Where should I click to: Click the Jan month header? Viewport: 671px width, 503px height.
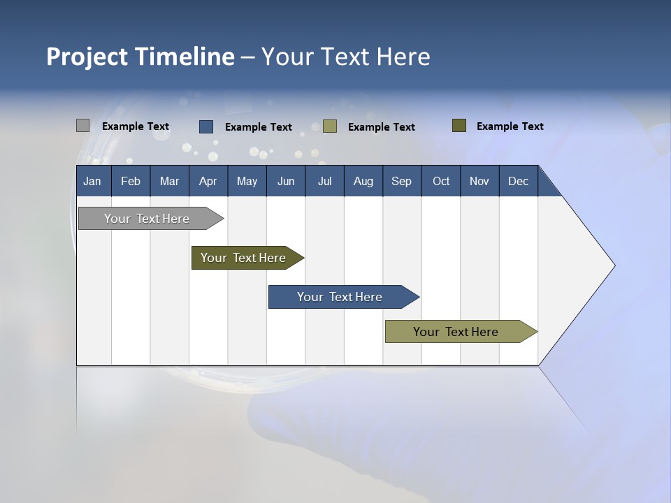93,181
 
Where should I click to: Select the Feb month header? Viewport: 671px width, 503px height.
131,181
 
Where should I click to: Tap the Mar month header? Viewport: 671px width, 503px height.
169,181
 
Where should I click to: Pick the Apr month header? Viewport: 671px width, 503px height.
208,181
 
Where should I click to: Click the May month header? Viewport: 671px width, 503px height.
247,181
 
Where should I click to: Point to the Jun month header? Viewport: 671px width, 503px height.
286,181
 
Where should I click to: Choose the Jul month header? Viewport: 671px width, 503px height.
324,181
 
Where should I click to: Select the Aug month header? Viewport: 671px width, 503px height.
363,181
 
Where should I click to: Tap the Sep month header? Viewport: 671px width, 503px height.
402,181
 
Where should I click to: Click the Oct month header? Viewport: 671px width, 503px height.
441,181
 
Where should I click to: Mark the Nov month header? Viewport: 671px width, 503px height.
479,181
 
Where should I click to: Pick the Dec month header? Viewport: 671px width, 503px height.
519,181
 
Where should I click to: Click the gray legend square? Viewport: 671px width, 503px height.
82,126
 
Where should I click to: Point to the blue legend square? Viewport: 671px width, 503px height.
206,126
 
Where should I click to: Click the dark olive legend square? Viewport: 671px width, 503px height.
459,126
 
